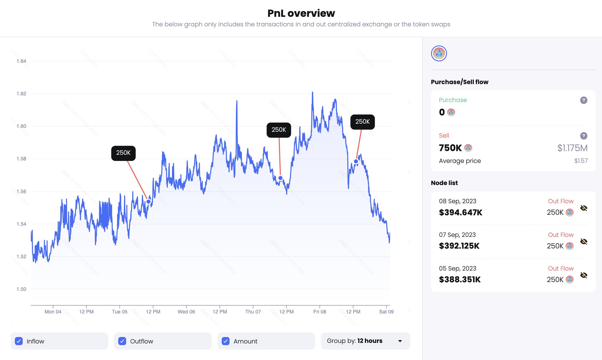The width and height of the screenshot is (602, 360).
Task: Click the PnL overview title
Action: click(x=301, y=13)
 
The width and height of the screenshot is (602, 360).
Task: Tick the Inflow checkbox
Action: click(x=19, y=341)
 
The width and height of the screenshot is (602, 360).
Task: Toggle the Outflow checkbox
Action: click(x=122, y=341)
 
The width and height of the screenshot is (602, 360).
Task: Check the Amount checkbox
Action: click(x=226, y=341)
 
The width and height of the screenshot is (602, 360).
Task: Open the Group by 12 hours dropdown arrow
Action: click(x=400, y=341)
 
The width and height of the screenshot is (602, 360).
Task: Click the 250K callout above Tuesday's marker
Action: click(x=123, y=153)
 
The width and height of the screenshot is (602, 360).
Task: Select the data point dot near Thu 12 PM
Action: click(x=280, y=178)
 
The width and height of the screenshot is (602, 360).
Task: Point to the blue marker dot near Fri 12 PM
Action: click(x=356, y=161)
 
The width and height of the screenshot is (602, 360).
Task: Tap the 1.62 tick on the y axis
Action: click(x=21, y=94)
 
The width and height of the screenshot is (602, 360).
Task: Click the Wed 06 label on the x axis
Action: click(x=186, y=311)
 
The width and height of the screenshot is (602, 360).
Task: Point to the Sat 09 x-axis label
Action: click(x=386, y=311)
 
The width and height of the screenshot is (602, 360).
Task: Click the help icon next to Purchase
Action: click(x=584, y=100)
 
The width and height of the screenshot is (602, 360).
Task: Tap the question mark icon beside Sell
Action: click(x=584, y=136)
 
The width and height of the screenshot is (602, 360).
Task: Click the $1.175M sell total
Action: click(x=572, y=148)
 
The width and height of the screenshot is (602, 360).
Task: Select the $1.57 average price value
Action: click(x=581, y=161)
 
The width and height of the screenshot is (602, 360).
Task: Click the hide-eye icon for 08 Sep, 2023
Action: click(x=584, y=208)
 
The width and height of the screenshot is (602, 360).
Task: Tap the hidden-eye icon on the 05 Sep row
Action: click(x=584, y=275)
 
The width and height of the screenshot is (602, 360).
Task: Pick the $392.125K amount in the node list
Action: click(x=459, y=246)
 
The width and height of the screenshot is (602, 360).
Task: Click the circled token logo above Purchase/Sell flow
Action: click(x=439, y=53)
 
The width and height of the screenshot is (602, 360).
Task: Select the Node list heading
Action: click(x=444, y=183)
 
